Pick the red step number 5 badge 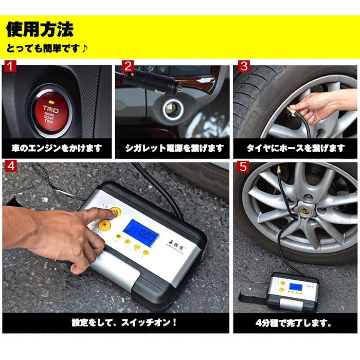[x=244, y=168]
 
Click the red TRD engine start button [x=50, y=111]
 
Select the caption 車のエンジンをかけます [x=57, y=149]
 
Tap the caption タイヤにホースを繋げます [x=295, y=149]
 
